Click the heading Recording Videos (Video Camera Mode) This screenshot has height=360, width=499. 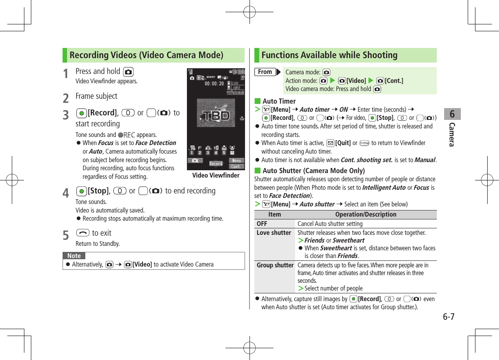tap(146, 55)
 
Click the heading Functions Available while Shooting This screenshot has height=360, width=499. tap(329, 55)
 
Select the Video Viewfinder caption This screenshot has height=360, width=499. tap(216, 175)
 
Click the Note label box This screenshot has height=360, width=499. tap(74, 256)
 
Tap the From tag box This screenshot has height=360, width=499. tap(265, 72)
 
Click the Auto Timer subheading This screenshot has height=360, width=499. tap(279, 101)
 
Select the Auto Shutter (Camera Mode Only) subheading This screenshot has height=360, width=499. tap(313, 171)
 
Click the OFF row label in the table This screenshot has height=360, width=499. tap(262, 224)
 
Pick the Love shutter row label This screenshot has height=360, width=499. tap(274, 233)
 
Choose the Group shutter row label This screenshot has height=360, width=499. tap(275, 265)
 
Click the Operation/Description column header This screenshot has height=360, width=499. tap(365, 215)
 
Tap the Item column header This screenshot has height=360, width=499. tap(274, 215)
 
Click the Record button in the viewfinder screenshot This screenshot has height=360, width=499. tap(216, 164)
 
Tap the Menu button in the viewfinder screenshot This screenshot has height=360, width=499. tap(236, 160)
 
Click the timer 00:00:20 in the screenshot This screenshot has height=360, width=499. tap(214, 84)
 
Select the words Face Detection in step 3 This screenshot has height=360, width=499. tap(156, 143)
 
